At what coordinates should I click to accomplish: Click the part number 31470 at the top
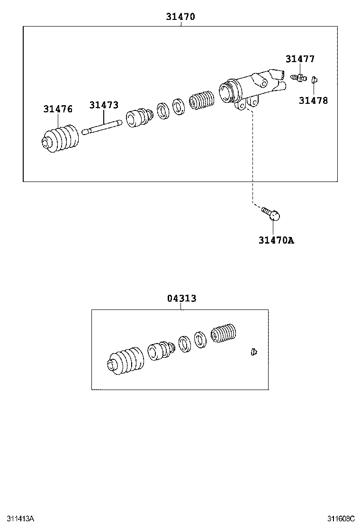point(180,17)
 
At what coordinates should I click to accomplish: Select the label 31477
point(300,59)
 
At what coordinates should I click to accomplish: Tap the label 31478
point(313,100)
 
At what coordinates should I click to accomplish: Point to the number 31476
point(58,109)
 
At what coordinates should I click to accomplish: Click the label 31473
point(104,105)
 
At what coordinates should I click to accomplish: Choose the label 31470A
point(276,240)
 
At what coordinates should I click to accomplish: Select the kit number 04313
point(181,299)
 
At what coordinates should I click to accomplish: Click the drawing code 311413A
point(18,518)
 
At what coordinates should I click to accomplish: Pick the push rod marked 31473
point(102,127)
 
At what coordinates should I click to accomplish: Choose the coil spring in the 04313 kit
point(223,334)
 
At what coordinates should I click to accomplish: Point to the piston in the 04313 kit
point(161,351)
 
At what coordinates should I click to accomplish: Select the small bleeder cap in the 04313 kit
point(254,352)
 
